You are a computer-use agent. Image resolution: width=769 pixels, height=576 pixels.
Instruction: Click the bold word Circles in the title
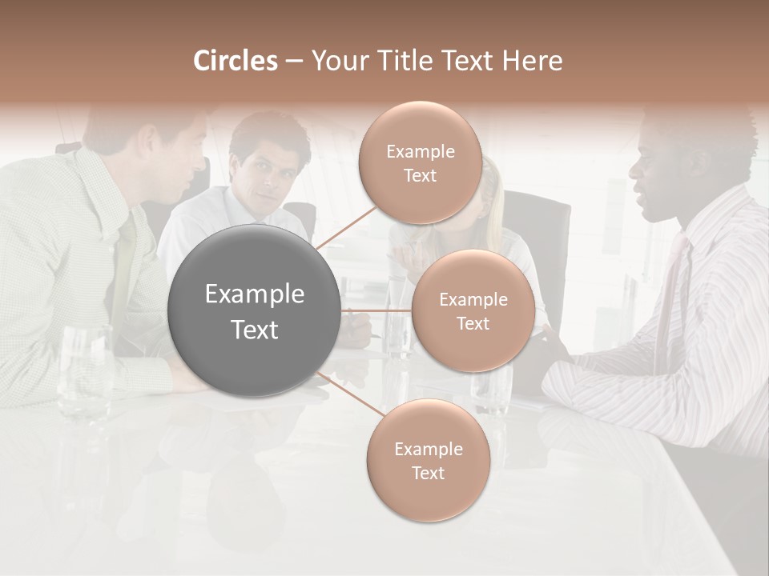[x=235, y=61]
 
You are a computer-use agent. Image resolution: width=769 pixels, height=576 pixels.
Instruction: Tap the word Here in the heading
[x=532, y=61]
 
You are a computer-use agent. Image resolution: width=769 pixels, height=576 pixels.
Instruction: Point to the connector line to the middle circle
[x=376, y=310]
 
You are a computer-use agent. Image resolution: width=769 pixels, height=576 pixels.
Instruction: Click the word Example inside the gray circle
[x=255, y=294]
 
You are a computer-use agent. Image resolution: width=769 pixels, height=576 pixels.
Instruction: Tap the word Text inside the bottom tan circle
[x=428, y=474]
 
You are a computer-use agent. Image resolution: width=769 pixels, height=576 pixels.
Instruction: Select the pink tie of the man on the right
[x=671, y=288]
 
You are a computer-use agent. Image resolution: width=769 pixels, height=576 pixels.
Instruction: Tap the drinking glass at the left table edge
[x=84, y=372]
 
